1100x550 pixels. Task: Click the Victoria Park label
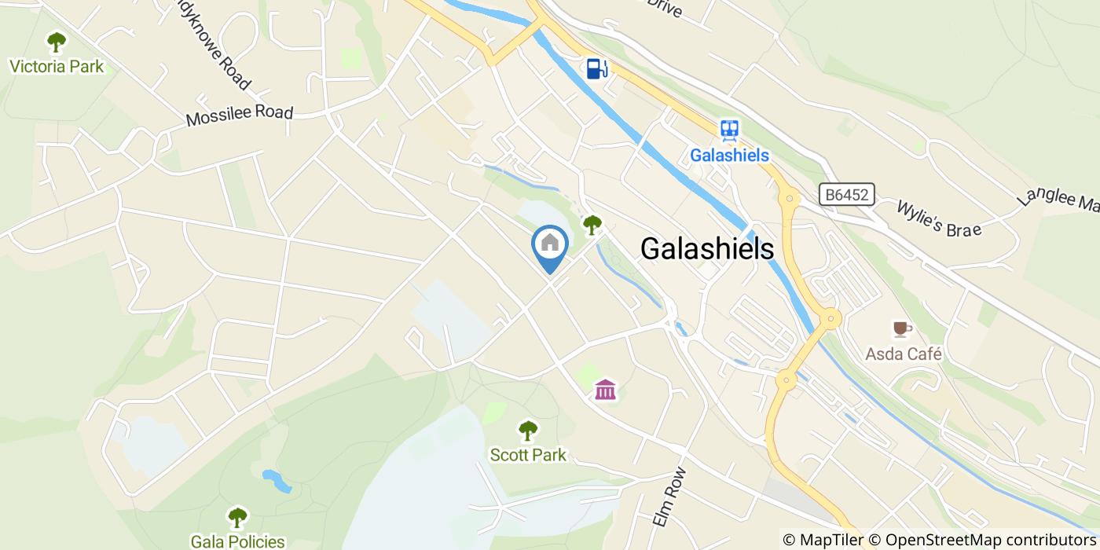pyautogui.click(x=57, y=66)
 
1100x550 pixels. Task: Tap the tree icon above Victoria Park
pyautogui.click(x=56, y=41)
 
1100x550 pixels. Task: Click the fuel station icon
pyautogui.click(x=596, y=68)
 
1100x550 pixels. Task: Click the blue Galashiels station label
pyautogui.click(x=729, y=156)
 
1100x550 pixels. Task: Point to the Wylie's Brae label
pyautogui.click(x=940, y=218)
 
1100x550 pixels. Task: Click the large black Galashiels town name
pyautogui.click(x=707, y=248)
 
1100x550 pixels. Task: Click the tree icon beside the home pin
pyautogui.click(x=592, y=225)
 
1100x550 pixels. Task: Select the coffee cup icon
pyautogui.click(x=901, y=328)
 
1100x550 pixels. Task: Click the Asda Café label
pyautogui.click(x=904, y=354)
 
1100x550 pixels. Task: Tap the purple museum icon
pyautogui.click(x=605, y=389)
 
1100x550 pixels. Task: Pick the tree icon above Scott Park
pyautogui.click(x=528, y=430)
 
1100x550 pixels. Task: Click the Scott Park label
pyautogui.click(x=528, y=455)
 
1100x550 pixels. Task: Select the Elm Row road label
pyautogui.click(x=669, y=498)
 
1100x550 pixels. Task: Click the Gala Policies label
pyautogui.click(x=237, y=541)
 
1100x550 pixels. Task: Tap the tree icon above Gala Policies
pyautogui.click(x=237, y=517)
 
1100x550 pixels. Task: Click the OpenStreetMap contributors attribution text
pyautogui.click(x=991, y=540)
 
